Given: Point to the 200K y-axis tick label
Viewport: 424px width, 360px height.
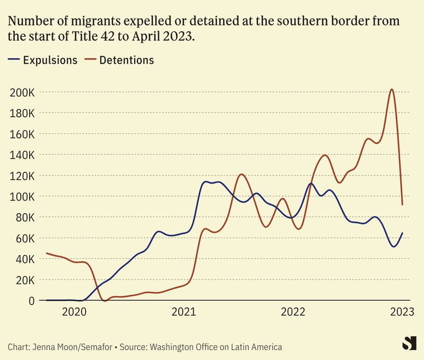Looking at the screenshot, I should [x=22, y=92].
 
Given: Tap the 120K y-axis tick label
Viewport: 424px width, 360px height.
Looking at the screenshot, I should [x=22, y=175].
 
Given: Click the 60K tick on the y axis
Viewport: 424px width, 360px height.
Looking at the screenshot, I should [x=25, y=238].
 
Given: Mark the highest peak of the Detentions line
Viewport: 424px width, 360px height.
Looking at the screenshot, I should [x=392, y=89].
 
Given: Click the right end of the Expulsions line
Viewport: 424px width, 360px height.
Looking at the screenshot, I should [x=403, y=233].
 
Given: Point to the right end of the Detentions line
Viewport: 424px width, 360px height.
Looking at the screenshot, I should [x=403, y=204].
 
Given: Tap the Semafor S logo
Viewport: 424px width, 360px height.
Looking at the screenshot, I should [x=408, y=343].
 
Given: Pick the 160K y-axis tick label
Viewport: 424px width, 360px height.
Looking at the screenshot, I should [x=22, y=134].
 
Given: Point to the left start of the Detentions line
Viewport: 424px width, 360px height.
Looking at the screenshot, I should [x=47, y=253].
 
